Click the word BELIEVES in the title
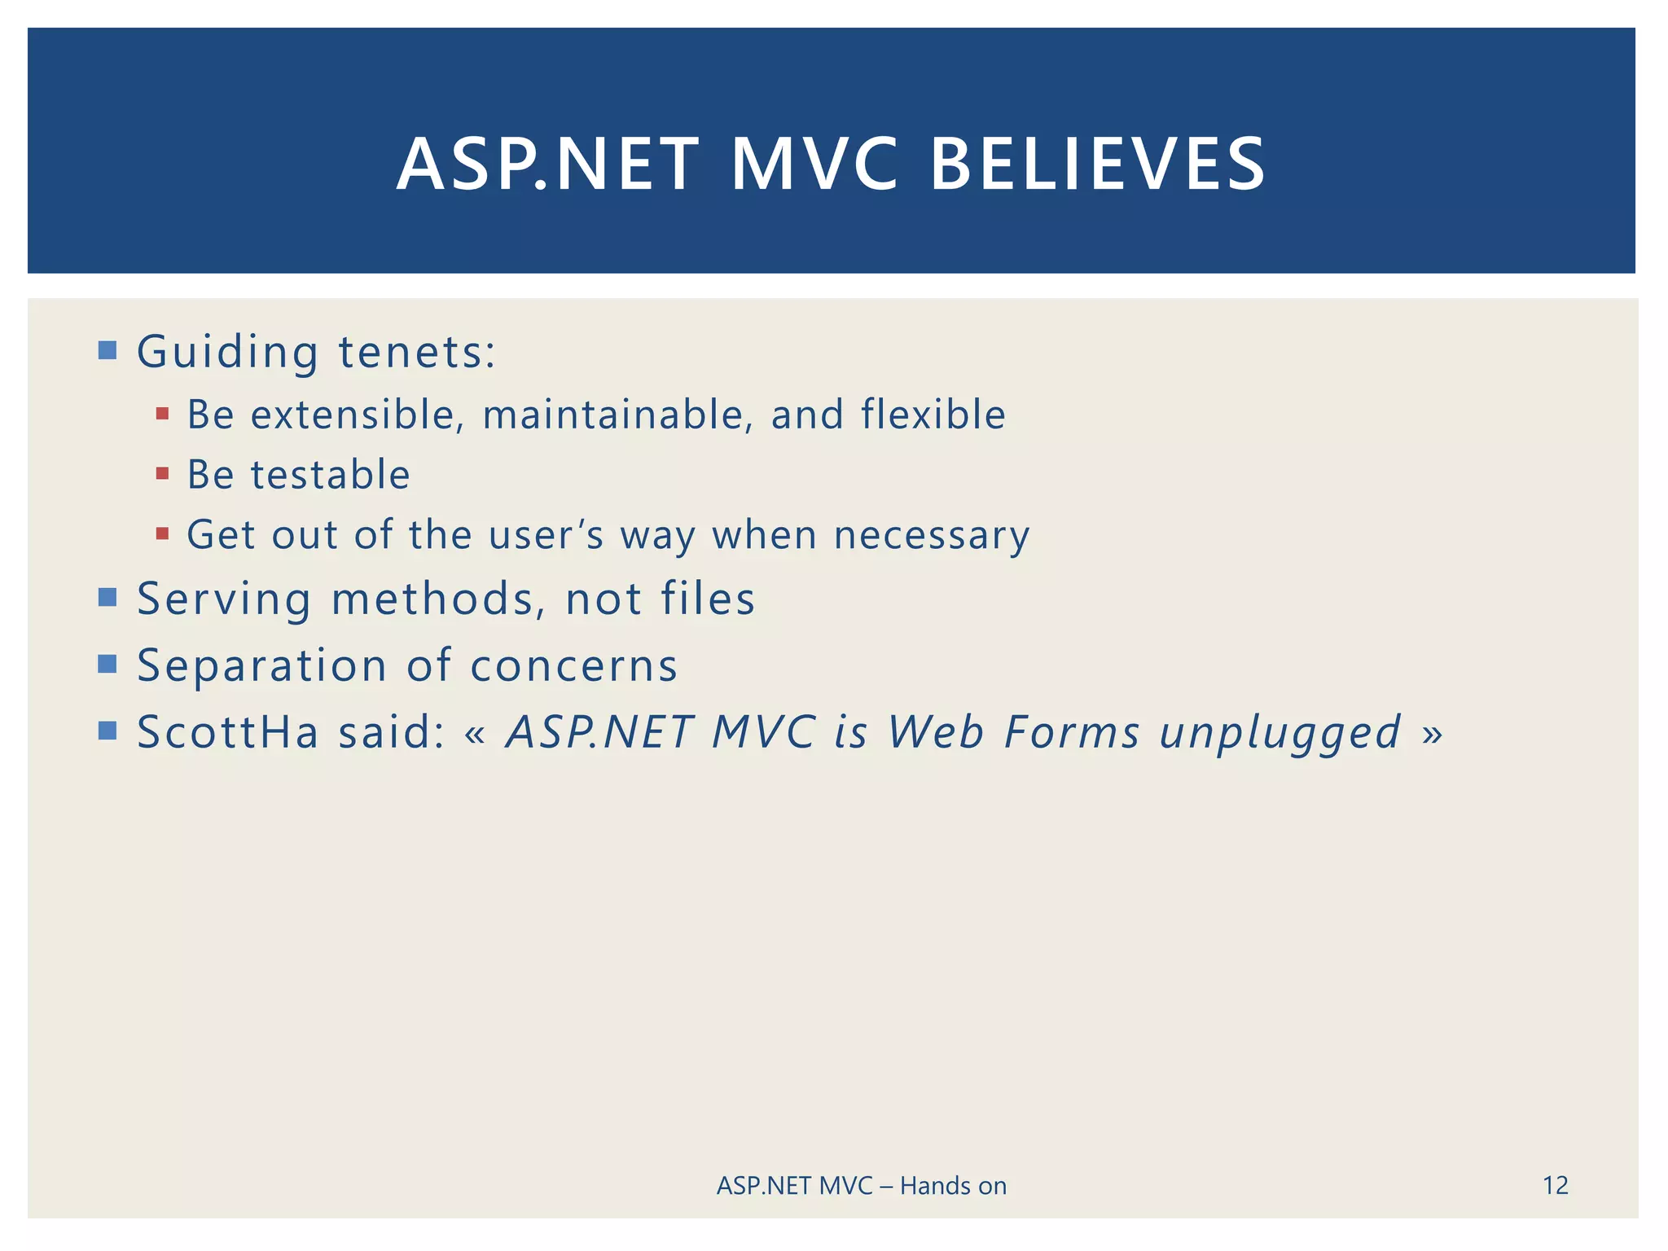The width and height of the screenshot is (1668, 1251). point(1097,165)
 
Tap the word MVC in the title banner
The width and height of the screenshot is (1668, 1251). point(814,165)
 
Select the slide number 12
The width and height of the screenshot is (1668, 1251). point(1555,1185)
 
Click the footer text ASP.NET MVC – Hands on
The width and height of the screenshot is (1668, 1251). point(861,1186)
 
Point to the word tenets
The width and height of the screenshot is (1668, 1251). point(416,352)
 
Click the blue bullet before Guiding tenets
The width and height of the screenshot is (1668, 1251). point(107,350)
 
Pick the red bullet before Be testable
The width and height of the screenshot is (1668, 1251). point(162,473)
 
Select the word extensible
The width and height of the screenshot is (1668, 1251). point(357,414)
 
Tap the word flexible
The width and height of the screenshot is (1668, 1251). point(933,414)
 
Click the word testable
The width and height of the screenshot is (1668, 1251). point(331,474)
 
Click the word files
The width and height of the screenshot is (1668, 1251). point(708,599)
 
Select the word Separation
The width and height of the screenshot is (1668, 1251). point(261,666)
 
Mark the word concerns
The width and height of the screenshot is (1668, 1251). point(573,665)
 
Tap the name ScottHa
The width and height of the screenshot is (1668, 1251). point(228,731)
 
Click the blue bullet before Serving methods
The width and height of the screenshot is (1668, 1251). point(107,598)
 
